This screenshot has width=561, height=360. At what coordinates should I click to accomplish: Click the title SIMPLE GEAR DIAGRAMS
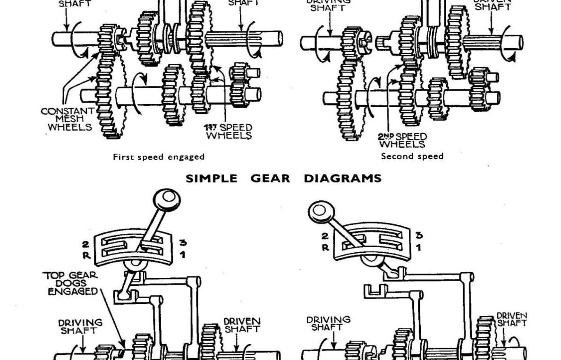pos(283,179)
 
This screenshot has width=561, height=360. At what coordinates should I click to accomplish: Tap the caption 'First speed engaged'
pos(158,157)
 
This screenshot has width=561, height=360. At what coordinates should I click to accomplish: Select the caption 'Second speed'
pos(412,156)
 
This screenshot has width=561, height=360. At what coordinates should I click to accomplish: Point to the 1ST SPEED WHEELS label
pos(229,131)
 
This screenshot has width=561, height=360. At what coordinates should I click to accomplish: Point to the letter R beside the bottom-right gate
pos(325,247)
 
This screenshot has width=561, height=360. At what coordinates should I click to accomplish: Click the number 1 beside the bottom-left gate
pos(183,255)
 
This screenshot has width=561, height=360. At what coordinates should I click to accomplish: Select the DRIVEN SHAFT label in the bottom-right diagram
pos(511,319)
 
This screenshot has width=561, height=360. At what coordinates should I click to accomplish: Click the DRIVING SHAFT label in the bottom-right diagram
pos(328,323)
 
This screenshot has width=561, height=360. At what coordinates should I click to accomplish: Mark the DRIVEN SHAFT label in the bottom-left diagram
pos(241,325)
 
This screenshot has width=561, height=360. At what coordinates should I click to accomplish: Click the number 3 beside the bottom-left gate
pos(183,243)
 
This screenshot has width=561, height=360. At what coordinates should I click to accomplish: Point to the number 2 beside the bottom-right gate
pos(325,236)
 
